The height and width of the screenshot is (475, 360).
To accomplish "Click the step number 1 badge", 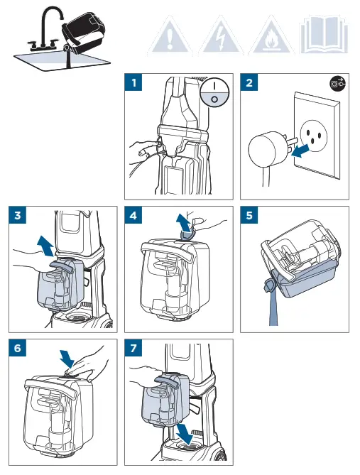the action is [x=133, y=82].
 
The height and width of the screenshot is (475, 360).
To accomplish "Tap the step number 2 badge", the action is [x=249, y=82].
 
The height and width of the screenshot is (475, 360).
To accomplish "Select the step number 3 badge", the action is [x=18, y=215].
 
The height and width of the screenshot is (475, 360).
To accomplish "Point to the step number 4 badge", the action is [x=133, y=215].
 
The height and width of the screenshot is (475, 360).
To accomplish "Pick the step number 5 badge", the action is [x=249, y=215].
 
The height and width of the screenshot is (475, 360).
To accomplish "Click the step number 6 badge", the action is [x=18, y=348].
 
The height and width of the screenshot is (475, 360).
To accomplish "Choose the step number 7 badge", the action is [x=133, y=348].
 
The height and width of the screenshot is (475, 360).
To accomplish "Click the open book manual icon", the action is [x=324, y=35].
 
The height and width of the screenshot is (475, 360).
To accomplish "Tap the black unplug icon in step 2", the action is [x=337, y=84].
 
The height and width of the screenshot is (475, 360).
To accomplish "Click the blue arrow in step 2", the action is [x=300, y=151].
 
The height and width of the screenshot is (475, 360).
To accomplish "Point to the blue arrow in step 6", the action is [x=67, y=359].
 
